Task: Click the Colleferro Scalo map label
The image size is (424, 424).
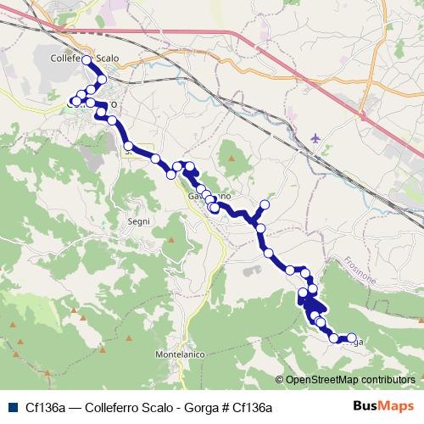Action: click(x=84, y=58)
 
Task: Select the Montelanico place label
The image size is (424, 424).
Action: click(x=181, y=353)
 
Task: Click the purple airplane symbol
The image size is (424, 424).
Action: click(x=317, y=137)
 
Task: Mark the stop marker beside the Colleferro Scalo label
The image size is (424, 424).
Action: click(x=86, y=61)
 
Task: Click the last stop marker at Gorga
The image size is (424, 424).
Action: click(x=352, y=338)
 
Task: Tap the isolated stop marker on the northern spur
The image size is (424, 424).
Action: click(x=265, y=204)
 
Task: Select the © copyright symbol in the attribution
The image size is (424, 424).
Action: click(x=280, y=379)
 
